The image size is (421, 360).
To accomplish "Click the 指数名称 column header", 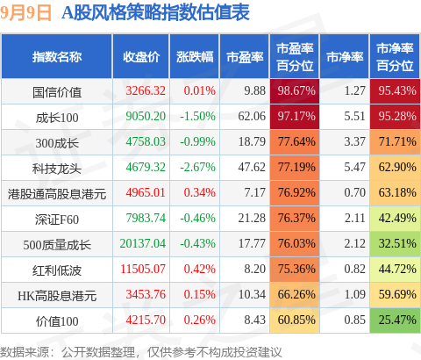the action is (57, 57).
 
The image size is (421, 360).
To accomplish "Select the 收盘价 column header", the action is (141, 57).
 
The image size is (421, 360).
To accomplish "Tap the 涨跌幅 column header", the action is (195, 57).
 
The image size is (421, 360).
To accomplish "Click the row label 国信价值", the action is (57, 92).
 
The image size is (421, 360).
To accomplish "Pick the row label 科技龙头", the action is (57, 169).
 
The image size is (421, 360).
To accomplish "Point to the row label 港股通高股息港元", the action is (57, 194).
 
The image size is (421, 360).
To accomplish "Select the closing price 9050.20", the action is (146, 116).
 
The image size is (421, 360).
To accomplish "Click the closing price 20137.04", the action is (143, 243).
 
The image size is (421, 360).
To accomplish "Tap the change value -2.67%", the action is (197, 167).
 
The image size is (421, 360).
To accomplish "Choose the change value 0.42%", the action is (200, 269).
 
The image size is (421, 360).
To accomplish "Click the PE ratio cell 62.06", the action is (252, 116).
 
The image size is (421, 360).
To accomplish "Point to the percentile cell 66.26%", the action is (296, 294).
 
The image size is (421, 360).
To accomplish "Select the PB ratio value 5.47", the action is (354, 167).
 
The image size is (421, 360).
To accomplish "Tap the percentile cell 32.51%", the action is (397, 243).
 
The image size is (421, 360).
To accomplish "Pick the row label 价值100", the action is (57, 321).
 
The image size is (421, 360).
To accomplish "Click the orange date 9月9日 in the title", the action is (25, 13).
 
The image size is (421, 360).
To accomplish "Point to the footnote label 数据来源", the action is (25, 352).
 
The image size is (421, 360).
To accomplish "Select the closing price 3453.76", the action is (146, 294).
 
